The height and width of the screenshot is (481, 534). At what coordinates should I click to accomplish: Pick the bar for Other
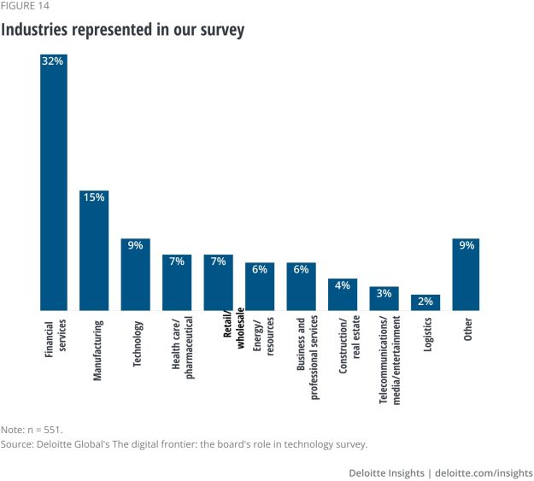pyautogui.click(x=467, y=274)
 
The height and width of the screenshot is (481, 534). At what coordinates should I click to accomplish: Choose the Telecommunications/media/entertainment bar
pyautogui.click(x=384, y=298)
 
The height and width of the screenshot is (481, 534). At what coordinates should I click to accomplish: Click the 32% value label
pyautogui.click(x=53, y=62)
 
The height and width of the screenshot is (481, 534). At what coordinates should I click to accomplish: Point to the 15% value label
pyautogui.click(x=94, y=197)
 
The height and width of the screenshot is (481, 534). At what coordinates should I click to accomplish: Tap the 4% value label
pyautogui.click(x=343, y=285)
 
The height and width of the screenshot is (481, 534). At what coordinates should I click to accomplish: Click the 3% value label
pyautogui.click(x=384, y=294)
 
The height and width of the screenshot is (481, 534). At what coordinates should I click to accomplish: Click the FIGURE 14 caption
pyautogui.click(x=26, y=5)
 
